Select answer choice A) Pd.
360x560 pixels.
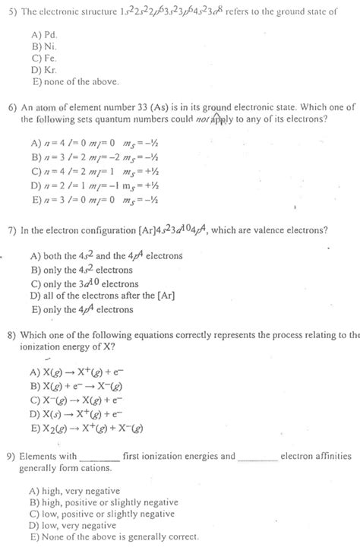tap(42, 35)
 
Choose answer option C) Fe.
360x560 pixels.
tap(42, 56)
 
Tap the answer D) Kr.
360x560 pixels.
tap(42, 67)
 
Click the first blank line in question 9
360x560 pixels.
tap(99, 457)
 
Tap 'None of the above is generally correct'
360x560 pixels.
tap(114, 536)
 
